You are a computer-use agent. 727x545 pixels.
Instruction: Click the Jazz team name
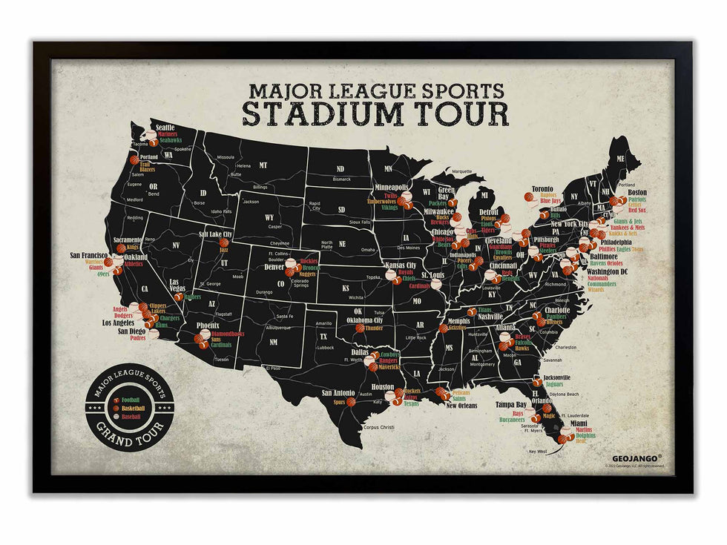(x=224, y=251)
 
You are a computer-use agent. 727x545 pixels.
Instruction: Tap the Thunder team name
(x=375, y=328)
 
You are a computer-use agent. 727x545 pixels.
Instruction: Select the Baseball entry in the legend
(x=132, y=416)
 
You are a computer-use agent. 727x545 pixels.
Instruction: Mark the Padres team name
(x=138, y=337)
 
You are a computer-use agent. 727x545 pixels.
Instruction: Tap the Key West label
(x=537, y=452)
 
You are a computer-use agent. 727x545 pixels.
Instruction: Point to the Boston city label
(x=637, y=192)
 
